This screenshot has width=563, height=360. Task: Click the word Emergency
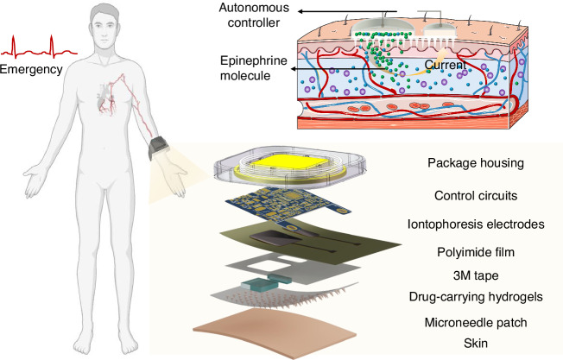pos(31,71)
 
